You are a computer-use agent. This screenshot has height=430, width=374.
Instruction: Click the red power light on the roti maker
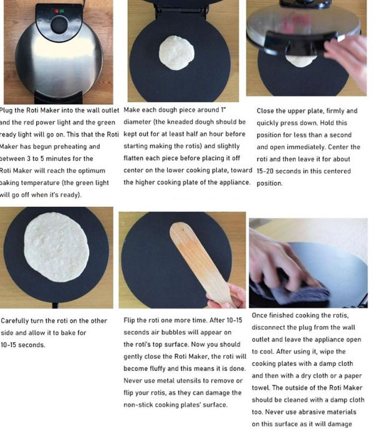coord(53,11)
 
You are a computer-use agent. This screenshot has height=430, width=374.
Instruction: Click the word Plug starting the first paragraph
coord(11,110)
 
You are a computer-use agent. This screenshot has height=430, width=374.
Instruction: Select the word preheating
coord(78,146)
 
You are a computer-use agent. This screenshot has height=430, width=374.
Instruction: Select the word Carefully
coord(18,320)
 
